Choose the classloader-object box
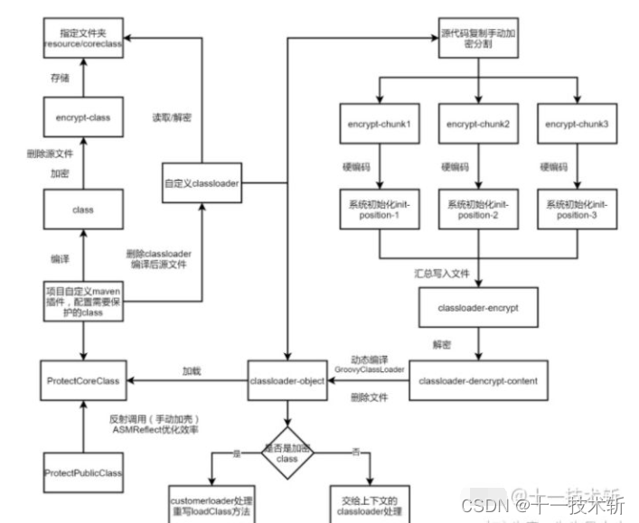pyautogui.click(x=287, y=381)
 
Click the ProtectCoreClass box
pyautogui.click(x=82, y=381)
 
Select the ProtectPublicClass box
pyautogui.click(x=82, y=473)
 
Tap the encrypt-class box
pyautogui.click(x=82, y=117)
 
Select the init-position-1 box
pyautogui.click(x=379, y=210)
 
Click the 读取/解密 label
pyautogui.click(x=171, y=117)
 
